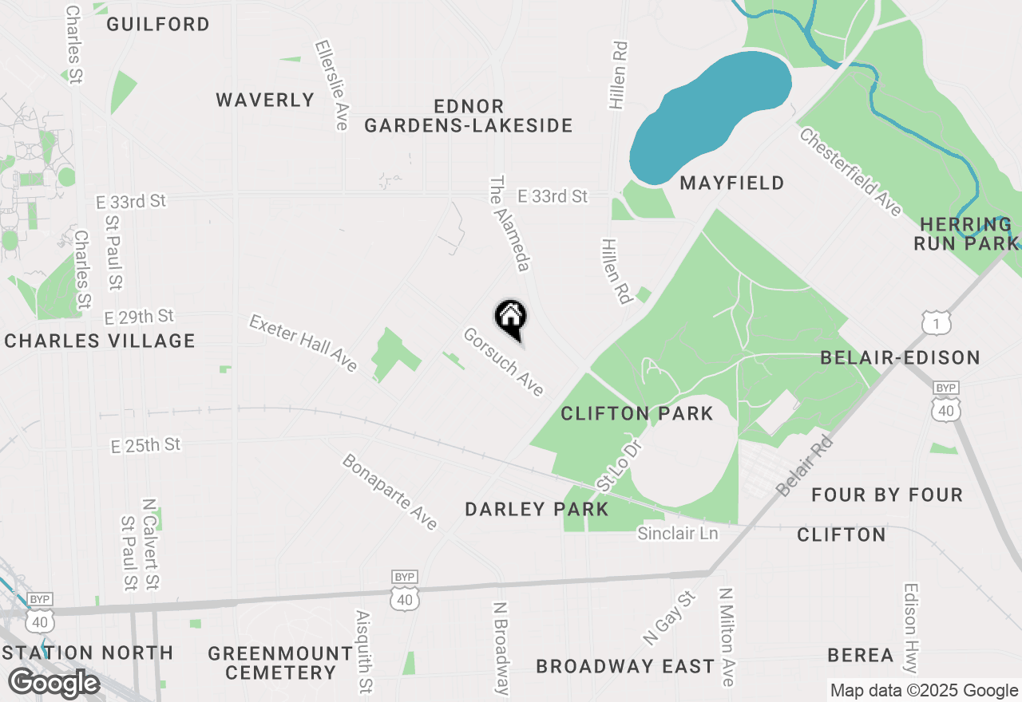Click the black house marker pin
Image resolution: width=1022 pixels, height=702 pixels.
pyautogui.click(x=511, y=319)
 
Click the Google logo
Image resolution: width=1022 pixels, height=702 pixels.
pyautogui.click(x=53, y=683)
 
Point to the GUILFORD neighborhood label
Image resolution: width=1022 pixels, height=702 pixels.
pyautogui.click(x=158, y=24)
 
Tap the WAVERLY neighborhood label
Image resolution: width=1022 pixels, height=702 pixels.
pyautogui.click(x=265, y=100)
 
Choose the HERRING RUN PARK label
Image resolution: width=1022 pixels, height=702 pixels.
pyautogui.click(x=966, y=234)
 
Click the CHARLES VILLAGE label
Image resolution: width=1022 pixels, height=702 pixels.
pyautogui.click(x=100, y=341)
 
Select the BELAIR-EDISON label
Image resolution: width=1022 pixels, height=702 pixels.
pyautogui.click(x=900, y=357)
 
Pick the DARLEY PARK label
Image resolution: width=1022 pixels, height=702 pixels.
pyautogui.click(x=537, y=509)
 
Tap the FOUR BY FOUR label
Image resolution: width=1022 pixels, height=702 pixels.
pyautogui.click(x=887, y=495)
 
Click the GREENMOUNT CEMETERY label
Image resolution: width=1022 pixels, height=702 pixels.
pyautogui.click(x=280, y=663)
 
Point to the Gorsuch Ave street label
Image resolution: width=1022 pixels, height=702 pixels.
pyautogui.click(x=504, y=362)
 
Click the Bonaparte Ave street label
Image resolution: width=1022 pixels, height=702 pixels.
pyautogui.click(x=390, y=492)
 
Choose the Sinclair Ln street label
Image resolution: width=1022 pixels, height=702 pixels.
pyautogui.click(x=677, y=533)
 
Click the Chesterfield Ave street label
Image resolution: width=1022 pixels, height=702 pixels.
pyautogui.click(x=850, y=172)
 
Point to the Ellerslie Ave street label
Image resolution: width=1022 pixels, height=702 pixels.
pyautogui.click(x=333, y=85)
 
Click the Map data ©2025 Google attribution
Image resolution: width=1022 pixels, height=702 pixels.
pyautogui.click(x=924, y=691)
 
